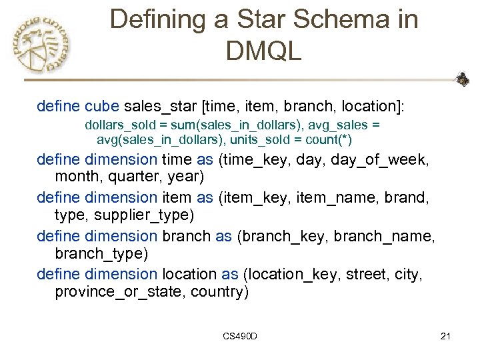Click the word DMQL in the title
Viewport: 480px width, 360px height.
coord(264,50)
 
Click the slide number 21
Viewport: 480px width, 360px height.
coord(446,335)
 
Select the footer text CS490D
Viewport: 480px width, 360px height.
coord(241,335)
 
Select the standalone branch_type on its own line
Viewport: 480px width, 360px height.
coord(101,255)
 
